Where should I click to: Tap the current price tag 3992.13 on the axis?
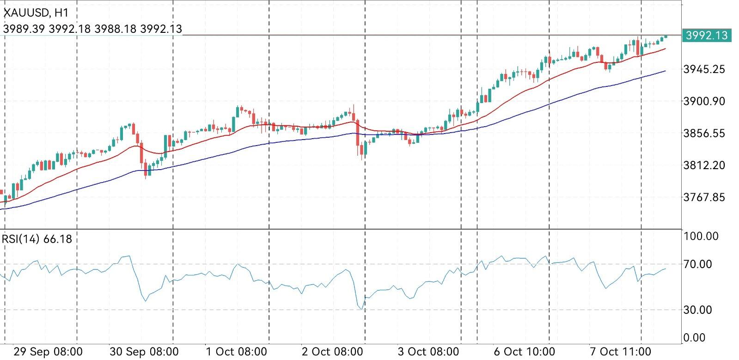(707, 35)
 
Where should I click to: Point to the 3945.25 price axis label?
(704, 69)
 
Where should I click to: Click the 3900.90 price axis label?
(704, 101)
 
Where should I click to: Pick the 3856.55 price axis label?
(704, 134)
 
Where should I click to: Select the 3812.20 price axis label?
(704, 165)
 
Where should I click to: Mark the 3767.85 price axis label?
(704, 197)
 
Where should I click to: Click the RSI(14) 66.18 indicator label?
(37, 239)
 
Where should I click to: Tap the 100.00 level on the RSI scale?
(701, 237)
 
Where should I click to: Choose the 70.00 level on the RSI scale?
(698, 264)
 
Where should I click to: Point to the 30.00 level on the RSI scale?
(698, 310)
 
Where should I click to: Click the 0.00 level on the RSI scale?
(695, 338)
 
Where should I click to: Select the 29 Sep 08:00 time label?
(48, 352)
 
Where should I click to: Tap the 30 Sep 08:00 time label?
(144, 352)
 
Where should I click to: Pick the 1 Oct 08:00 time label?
(236, 352)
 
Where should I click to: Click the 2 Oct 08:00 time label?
(333, 352)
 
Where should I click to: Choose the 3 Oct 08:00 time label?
(429, 352)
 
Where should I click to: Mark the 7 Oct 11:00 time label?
(620, 352)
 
